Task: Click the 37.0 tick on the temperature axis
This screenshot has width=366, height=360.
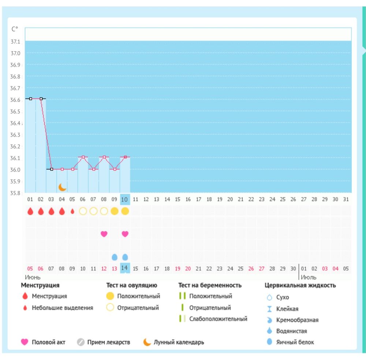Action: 15,53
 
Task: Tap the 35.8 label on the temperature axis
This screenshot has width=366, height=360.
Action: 15,193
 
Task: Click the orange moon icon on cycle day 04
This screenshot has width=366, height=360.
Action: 63,187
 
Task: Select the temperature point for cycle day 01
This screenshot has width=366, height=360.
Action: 30,99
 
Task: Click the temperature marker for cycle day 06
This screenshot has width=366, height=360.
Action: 83,157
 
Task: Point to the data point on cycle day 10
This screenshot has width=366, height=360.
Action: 125,157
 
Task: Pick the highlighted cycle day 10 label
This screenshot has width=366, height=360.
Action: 125,199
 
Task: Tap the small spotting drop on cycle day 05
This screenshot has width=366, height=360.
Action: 72,211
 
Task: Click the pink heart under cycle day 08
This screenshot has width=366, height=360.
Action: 104,234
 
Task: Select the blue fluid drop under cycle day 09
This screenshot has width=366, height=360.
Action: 115,257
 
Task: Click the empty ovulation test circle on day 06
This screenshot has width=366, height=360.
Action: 83,211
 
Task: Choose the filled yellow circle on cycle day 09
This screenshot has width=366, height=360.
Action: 115,211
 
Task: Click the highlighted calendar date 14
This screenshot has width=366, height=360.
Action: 125,268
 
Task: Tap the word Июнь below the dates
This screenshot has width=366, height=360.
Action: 33,277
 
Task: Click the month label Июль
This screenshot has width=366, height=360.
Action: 309,277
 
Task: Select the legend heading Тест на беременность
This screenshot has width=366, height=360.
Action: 210,285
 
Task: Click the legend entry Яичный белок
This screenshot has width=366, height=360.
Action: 295,342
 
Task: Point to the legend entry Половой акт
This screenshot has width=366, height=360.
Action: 49,342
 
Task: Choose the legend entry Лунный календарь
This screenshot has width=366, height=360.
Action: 179,342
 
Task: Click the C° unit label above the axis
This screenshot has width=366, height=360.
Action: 15,29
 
